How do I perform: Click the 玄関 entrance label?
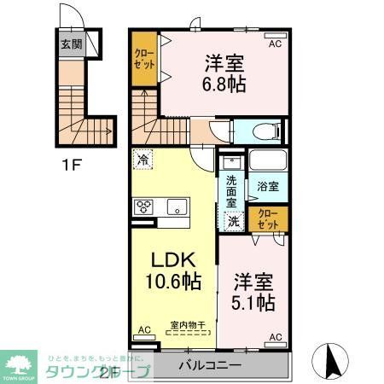pos(71,44)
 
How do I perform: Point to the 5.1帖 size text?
pos(253,302)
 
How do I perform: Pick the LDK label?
pos(173,259)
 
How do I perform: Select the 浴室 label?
pos(267,185)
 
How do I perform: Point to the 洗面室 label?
pos(231,191)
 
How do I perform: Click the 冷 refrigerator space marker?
pos(143,158)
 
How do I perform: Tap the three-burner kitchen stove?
pos(143,206)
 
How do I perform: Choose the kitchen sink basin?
pos(177,206)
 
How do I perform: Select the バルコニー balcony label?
pos(210,365)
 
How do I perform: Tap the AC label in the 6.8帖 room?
pos(275,42)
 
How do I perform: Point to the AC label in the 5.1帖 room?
pos(275,338)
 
